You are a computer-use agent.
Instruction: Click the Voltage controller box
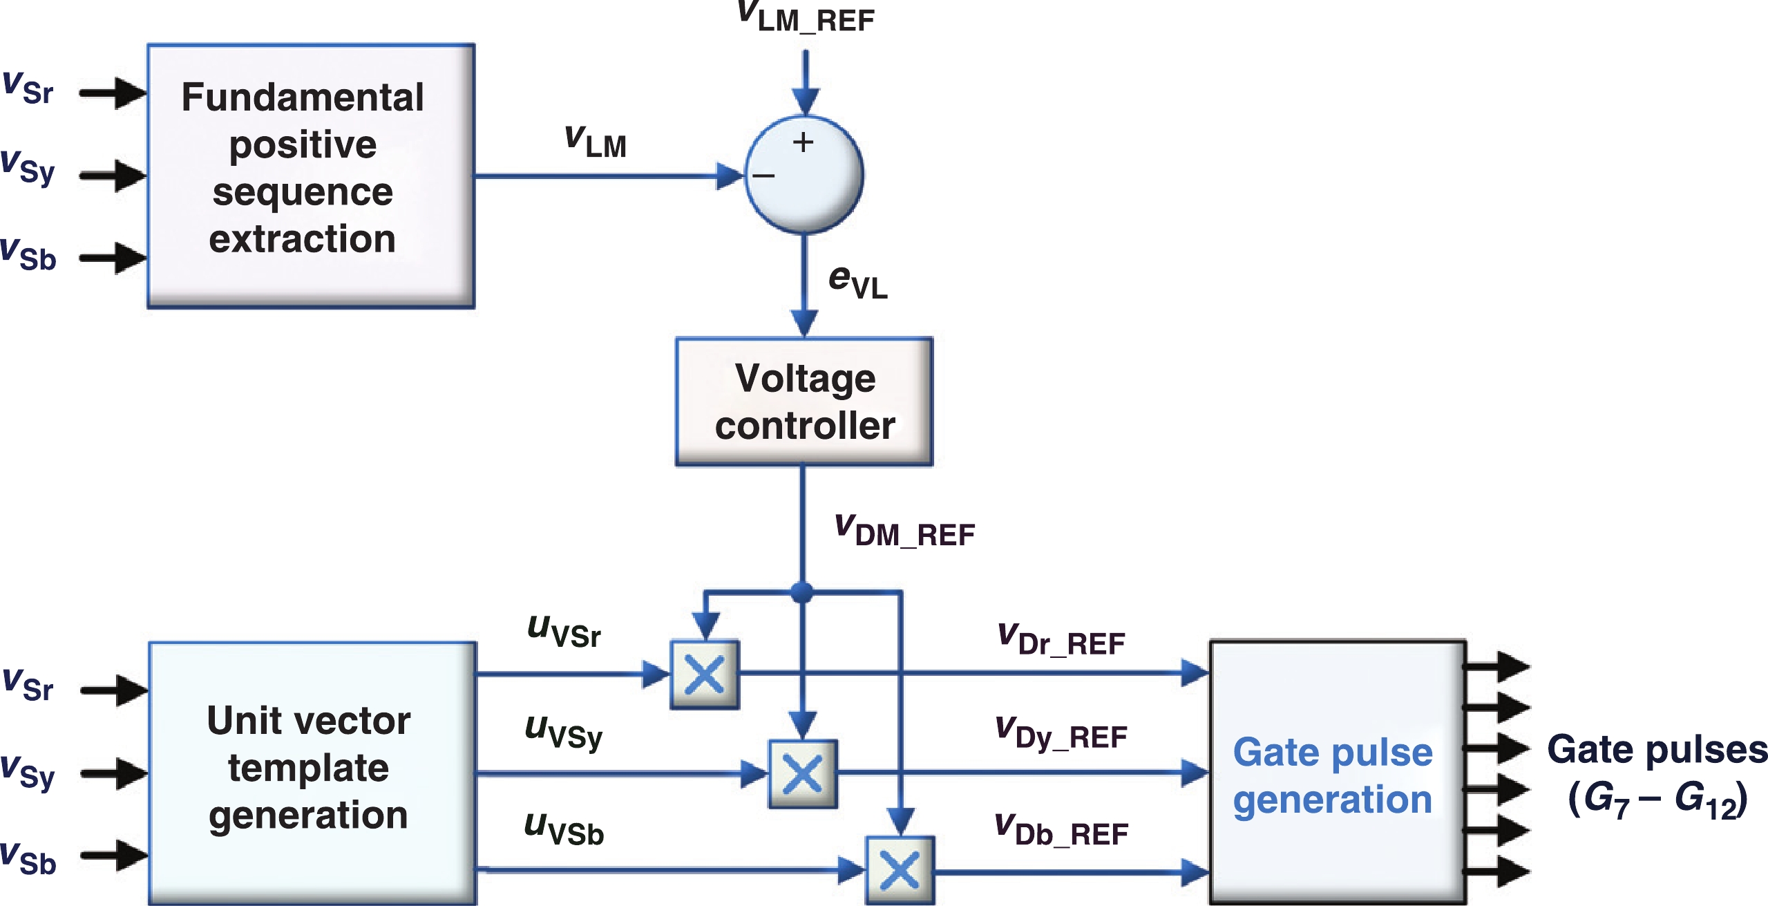pyautogui.click(x=804, y=402)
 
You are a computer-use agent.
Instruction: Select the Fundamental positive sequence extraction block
pyautogui.click(x=311, y=176)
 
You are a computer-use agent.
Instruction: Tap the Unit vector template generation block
pyautogui.click(x=312, y=773)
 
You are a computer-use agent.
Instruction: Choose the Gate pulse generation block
pyautogui.click(x=1337, y=773)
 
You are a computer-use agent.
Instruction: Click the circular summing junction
pyautogui.click(x=804, y=175)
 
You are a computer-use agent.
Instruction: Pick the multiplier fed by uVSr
pyautogui.click(x=705, y=674)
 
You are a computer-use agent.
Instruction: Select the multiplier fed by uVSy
pyautogui.click(x=803, y=774)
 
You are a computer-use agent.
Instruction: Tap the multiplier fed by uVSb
pyautogui.click(x=900, y=871)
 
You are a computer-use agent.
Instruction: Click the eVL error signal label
pyautogui.click(x=857, y=282)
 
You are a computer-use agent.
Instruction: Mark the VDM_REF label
pyautogui.click(x=904, y=531)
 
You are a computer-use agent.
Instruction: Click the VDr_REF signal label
pyautogui.click(x=1061, y=639)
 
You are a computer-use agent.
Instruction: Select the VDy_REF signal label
pyautogui.click(x=1061, y=734)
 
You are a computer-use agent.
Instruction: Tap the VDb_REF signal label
pyautogui.click(x=1061, y=831)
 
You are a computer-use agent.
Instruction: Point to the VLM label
pyautogui.click(x=596, y=142)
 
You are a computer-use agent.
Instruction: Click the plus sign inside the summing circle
pyautogui.click(x=803, y=142)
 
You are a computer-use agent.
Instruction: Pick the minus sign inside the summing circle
pyautogui.click(x=763, y=176)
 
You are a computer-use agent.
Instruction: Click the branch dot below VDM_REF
pyautogui.click(x=801, y=592)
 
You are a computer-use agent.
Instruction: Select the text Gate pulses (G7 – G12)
pyautogui.click(x=1657, y=774)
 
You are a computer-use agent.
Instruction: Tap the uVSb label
pyautogui.click(x=564, y=829)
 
